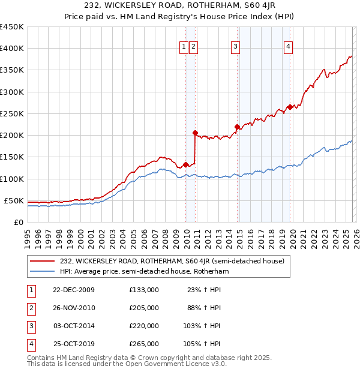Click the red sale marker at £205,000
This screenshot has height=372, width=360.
[195, 133]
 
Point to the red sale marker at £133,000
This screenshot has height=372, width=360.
[185, 164]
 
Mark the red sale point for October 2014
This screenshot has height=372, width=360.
[237, 127]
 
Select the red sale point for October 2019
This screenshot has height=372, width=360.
[290, 107]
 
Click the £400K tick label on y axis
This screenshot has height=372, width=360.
[13, 49]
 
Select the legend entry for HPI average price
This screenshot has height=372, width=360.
[145, 271]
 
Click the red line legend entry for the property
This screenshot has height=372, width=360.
[175, 261]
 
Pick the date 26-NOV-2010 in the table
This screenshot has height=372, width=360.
[74, 308]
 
